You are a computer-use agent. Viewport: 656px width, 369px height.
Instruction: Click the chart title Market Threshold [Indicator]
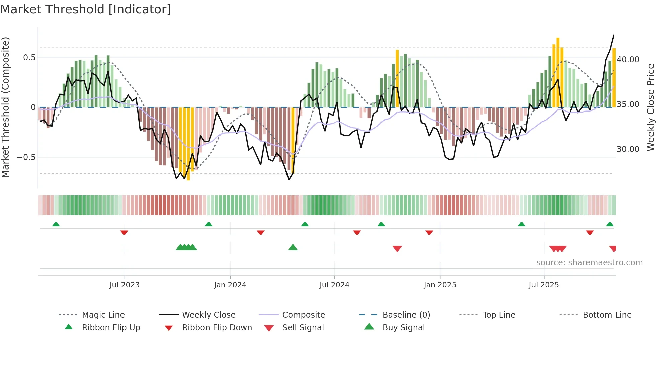tap(86, 9)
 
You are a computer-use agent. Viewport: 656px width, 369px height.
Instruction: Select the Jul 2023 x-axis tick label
tap(125, 285)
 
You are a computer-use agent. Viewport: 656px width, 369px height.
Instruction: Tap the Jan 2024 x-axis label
tap(230, 285)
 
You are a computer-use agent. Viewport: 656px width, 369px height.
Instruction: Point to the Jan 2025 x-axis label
tap(440, 285)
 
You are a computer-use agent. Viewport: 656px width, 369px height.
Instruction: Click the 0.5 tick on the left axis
tap(29, 58)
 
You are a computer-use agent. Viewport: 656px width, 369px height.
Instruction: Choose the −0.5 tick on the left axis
tap(26, 157)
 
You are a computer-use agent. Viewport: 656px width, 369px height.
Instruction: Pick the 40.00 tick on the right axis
tap(628, 60)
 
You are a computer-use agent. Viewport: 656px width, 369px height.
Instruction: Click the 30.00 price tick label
tap(628, 149)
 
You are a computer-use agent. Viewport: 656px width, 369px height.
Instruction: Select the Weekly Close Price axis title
tap(650, 107)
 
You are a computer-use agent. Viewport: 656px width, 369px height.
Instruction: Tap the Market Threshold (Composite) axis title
tap(5, 107)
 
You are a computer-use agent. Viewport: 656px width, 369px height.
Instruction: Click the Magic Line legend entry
tap(103, 315)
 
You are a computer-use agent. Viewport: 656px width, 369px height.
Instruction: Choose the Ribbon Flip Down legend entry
tap(217, 328)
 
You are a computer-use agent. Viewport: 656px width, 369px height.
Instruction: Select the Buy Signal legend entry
tap(404, 328)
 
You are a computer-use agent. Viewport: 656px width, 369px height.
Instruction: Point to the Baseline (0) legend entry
tap(406, 315)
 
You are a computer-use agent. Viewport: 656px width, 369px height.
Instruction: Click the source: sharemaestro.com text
tap(589, 263)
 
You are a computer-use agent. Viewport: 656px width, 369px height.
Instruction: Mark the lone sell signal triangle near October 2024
tap(397, 249)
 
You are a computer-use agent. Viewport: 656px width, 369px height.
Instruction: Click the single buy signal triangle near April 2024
tap(293, 247)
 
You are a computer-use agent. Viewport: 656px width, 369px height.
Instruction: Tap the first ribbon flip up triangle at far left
tap(56, 224)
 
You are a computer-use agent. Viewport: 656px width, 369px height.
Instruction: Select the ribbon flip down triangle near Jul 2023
tap(124, 232)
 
